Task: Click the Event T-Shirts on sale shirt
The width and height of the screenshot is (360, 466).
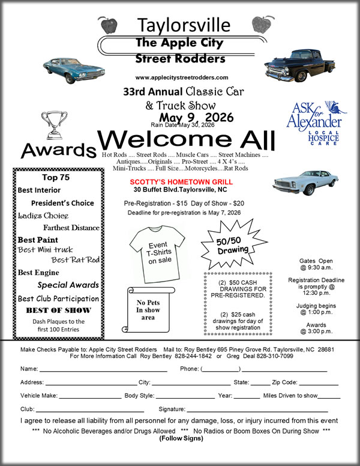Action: [158, 253]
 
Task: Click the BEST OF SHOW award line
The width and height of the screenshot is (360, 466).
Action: [58, 310]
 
